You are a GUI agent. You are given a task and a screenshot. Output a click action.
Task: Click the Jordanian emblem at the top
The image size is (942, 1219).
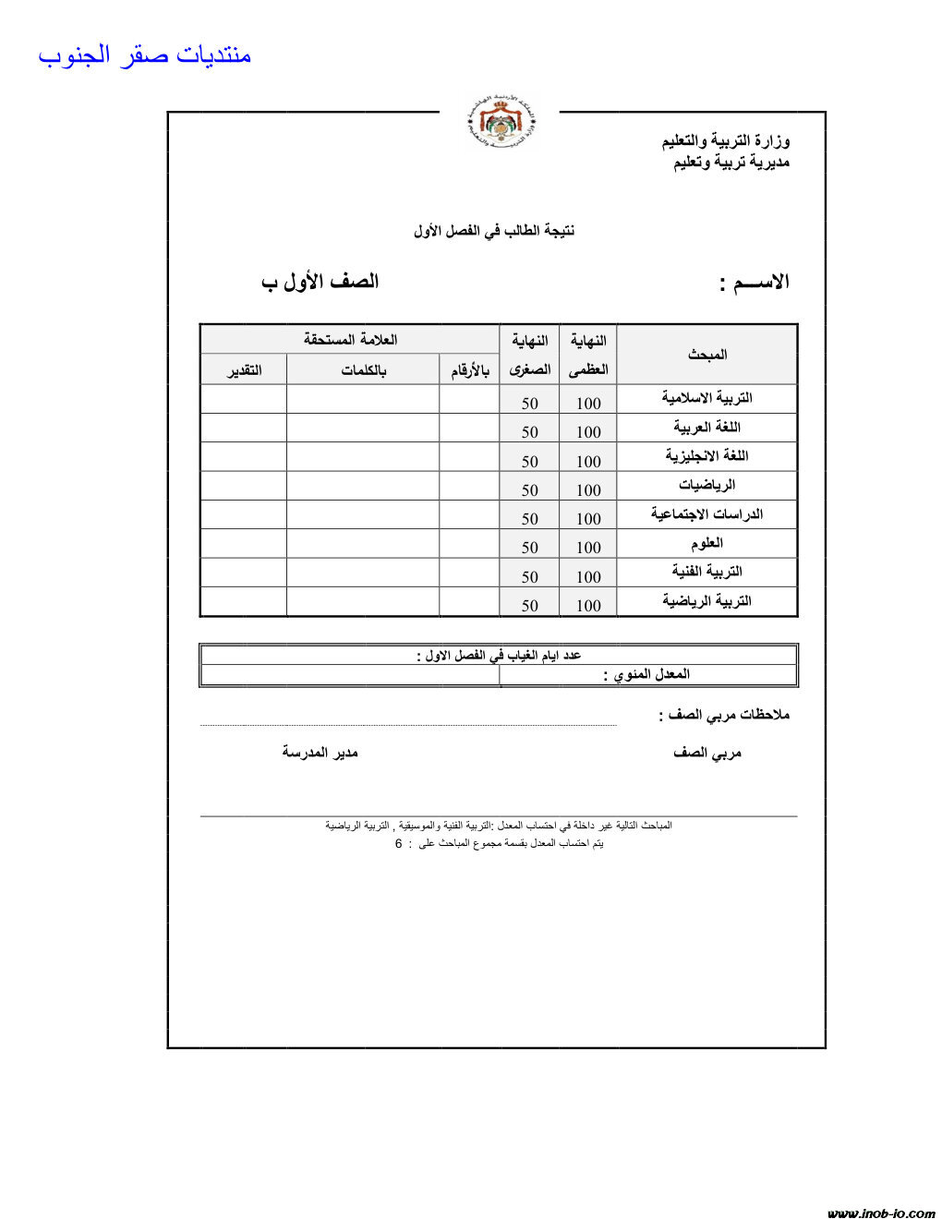tap(500, 122)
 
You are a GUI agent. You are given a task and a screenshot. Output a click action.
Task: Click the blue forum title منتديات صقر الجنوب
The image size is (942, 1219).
tap(145, 55)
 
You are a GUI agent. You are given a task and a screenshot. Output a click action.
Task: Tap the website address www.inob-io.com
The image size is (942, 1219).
tap(880, 1213)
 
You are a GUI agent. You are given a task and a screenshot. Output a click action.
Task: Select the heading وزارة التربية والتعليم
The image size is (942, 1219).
tap(726, 140)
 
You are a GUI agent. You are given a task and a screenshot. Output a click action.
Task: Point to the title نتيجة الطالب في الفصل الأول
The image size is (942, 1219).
tap(494, 230)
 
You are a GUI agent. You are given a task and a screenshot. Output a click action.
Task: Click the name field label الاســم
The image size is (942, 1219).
tap(755, 283)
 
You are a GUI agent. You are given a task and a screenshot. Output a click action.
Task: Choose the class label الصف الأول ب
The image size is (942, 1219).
tap(320, 282)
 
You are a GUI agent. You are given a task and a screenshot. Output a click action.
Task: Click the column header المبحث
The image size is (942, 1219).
tap(707, 354)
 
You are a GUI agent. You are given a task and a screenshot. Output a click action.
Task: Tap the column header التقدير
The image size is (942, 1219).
tap(245, 370)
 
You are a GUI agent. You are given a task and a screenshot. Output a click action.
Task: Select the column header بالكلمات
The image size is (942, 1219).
tap(363, 370)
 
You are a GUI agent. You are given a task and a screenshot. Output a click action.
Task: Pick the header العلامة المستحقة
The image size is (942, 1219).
tap(350, 339)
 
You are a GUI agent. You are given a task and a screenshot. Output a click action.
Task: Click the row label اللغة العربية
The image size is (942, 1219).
tap(706, 427)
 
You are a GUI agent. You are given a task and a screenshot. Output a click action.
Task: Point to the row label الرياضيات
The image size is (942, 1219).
tap(706, 485)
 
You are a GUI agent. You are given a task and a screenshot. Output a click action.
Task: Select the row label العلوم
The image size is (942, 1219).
tap(706, 543)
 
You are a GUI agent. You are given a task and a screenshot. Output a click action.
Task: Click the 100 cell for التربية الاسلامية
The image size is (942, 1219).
tap(588, 403)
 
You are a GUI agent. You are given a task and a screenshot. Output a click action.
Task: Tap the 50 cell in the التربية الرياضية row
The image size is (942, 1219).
tap(529, 606)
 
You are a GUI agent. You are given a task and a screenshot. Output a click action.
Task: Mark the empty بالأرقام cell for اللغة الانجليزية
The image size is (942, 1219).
tap(469, 456)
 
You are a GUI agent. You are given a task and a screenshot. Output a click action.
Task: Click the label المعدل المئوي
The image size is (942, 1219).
tap(646, 674)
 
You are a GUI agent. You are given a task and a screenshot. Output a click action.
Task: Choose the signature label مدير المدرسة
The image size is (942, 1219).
tap(320, 753)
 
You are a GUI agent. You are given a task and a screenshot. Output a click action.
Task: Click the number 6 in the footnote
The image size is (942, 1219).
tap(398, 844)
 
